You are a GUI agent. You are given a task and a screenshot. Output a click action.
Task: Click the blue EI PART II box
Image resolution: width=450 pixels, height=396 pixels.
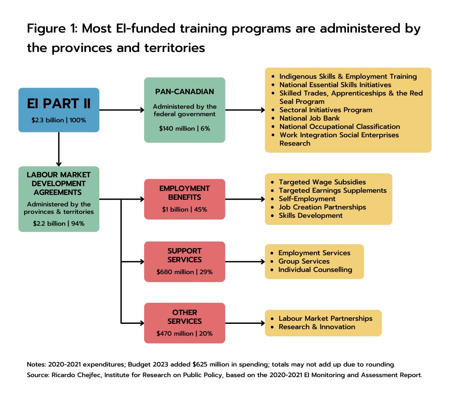point(58,110)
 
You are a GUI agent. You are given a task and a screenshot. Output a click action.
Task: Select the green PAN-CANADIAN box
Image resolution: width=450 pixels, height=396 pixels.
point(184,110)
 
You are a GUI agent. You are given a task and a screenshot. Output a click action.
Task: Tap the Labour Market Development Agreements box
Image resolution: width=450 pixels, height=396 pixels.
point(58,199)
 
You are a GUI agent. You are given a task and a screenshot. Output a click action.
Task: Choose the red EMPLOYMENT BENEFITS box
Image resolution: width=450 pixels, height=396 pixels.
point(184,199)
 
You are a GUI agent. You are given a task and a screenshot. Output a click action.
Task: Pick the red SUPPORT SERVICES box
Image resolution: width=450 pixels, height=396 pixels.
point(184,261)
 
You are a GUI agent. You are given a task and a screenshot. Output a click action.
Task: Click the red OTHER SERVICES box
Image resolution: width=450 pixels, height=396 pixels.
point(184,323)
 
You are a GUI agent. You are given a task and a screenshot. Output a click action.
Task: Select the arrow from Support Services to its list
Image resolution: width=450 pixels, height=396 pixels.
point(245,261)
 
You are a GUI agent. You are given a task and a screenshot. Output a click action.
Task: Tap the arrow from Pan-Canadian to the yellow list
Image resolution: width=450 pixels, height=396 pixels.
point(245,110)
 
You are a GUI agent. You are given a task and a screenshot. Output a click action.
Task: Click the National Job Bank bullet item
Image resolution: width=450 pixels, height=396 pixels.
point(309,118)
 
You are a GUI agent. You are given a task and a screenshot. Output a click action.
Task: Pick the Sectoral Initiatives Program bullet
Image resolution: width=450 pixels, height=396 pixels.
point(326,110)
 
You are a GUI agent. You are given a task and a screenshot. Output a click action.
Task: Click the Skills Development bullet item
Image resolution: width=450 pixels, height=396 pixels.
point(310,216)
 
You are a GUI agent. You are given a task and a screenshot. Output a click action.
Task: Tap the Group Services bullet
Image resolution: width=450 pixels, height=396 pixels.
point(304,261)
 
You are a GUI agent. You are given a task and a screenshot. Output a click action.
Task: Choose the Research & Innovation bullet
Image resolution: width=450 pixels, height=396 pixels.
point(317,327)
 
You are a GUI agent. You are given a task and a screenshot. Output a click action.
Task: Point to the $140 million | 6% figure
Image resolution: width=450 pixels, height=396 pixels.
point(184,128)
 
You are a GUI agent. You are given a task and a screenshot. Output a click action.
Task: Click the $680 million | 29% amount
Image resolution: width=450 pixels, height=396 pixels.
point(184,272)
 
